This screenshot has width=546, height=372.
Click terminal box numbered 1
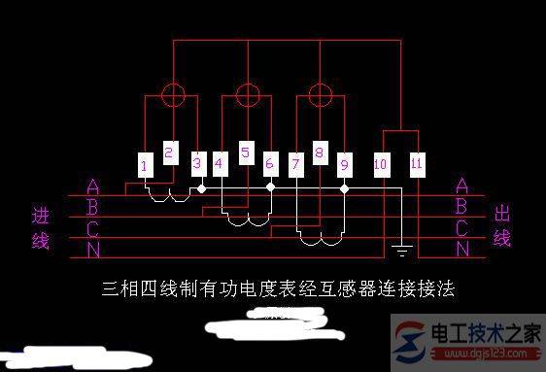click(144, 166)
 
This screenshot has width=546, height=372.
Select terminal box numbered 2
click(169, 152)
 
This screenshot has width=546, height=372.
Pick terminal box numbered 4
click(219, 165)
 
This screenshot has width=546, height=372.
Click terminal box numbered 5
click(245, 152)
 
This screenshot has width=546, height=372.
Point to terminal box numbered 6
click(270, 165)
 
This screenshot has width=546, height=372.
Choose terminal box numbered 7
click(294, 165)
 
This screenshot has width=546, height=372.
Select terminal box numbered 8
click(319, 152)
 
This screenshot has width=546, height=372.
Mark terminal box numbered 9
click(344, 165)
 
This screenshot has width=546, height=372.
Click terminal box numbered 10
click(381, 165)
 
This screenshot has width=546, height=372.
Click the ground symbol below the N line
click(400, 253)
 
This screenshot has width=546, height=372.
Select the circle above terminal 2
click(172, 94)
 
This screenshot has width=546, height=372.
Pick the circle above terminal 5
click(247, 94)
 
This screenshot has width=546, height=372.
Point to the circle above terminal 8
click(321, 94)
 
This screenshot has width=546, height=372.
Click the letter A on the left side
click(92, 186)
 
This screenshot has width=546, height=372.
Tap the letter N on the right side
click(462, 249)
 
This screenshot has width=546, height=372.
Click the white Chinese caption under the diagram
click(278, 289)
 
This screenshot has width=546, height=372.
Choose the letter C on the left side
click(92, 229)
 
